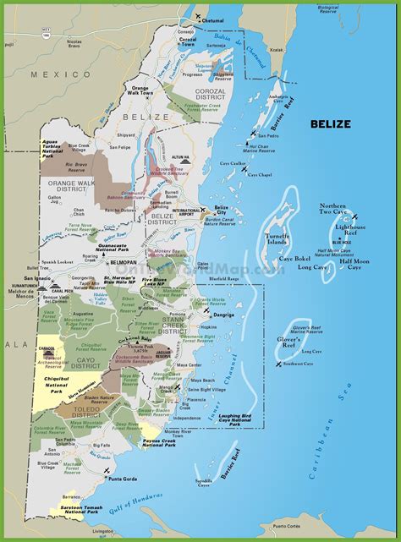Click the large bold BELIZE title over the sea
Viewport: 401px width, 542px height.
click(x=330, y=124)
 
